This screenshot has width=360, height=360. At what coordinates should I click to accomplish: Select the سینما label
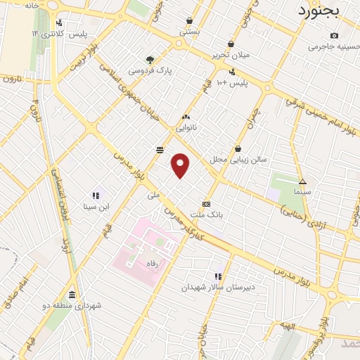[303, 191]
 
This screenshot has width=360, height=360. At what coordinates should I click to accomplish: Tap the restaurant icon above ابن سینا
[95, 195]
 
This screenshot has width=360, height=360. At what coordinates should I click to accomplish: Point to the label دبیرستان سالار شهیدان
[213, 287]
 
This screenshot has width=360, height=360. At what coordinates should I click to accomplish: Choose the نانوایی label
[186, 127]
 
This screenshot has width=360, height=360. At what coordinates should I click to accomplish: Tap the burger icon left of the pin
[160, 149]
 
